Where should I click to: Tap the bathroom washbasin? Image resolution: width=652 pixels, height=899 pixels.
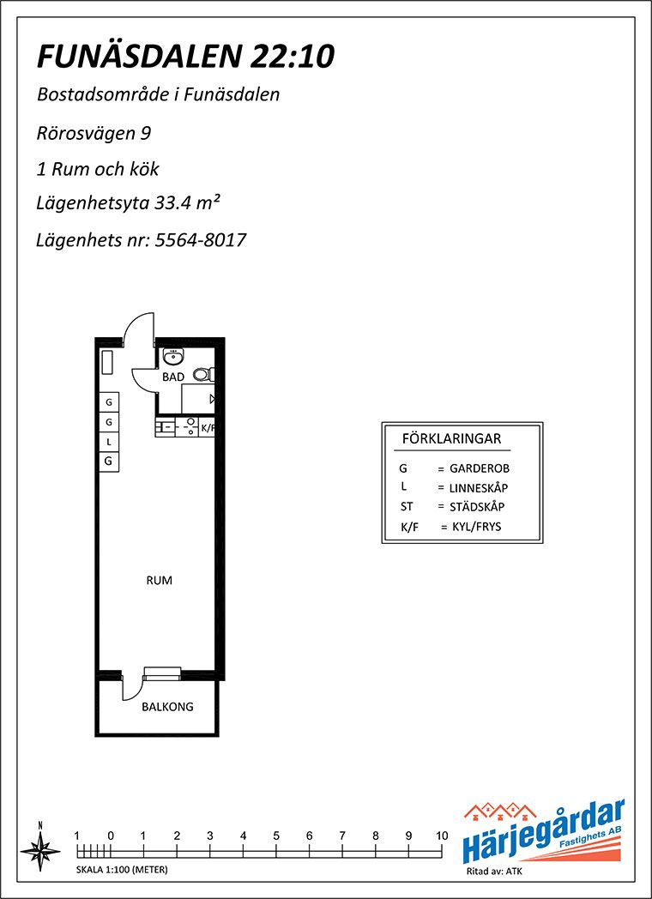172,356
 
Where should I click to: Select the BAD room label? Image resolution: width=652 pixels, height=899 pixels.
173,377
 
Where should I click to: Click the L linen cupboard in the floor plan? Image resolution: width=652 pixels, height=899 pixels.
108,442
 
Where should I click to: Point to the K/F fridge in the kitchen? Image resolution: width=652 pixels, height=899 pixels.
207,428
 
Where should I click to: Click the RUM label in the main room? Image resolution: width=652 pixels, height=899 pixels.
160,580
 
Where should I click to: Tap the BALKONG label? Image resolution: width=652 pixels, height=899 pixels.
167,707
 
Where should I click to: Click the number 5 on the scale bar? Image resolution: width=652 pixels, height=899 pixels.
276,836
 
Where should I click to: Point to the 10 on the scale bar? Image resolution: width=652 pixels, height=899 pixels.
442,836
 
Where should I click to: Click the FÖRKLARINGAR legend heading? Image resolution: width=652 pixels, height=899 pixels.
452,439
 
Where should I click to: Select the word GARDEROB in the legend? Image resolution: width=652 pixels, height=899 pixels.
480,468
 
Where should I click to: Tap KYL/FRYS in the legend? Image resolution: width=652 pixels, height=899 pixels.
476,527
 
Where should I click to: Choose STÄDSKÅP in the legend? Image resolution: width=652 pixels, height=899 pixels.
477,508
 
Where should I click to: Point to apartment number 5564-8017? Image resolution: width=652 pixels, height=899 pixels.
200,239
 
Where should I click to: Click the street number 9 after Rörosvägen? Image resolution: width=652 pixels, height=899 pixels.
146,133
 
